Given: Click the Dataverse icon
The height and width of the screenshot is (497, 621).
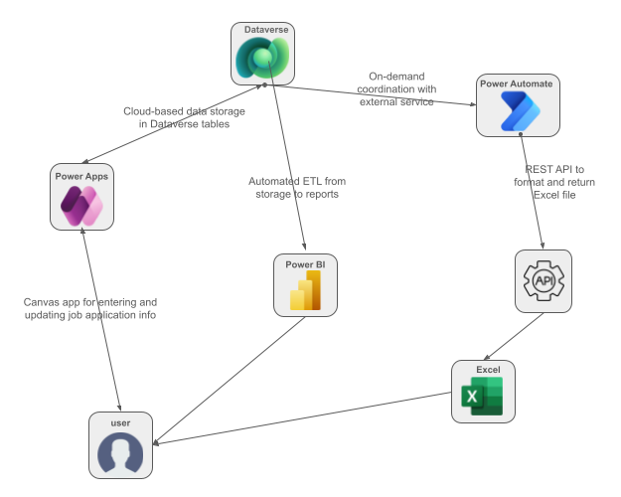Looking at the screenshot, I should [262, 61].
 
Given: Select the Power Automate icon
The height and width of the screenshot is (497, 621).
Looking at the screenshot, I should [516, 113].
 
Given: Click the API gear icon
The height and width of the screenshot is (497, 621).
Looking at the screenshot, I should [543, 282].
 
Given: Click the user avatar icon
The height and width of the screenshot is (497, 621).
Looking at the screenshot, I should [120, 453].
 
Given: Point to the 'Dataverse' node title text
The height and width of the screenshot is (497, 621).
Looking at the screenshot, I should [265, 31].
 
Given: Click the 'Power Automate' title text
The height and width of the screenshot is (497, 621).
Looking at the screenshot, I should [516, 84].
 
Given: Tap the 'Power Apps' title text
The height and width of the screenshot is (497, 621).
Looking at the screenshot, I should [82, 176].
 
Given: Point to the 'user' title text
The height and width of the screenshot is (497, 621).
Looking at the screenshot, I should [120, 422].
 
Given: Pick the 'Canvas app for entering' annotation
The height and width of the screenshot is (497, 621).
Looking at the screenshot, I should [90, 308].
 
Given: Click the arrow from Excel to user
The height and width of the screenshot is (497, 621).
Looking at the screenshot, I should [298, 418].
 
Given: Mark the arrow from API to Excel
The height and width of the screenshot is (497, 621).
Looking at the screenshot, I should [513, 337].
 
